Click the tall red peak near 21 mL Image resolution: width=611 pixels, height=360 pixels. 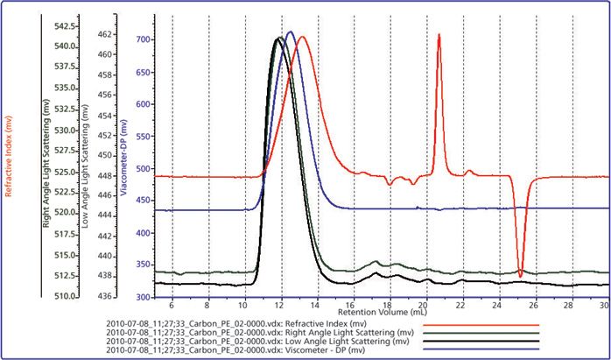[439, 36]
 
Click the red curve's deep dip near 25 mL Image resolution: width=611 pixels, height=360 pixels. [520, 276]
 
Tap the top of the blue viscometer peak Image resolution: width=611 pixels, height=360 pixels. [290, 32]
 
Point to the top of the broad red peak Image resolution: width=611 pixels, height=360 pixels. [302, 38]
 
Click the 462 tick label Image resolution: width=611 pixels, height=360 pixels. [103, 34]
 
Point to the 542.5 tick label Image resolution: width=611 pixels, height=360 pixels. [66, 25]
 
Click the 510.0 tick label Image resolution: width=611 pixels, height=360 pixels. [66, 296]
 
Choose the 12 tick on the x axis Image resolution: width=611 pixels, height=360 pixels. [279, 305]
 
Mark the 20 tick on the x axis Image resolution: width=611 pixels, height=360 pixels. [424, 305]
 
